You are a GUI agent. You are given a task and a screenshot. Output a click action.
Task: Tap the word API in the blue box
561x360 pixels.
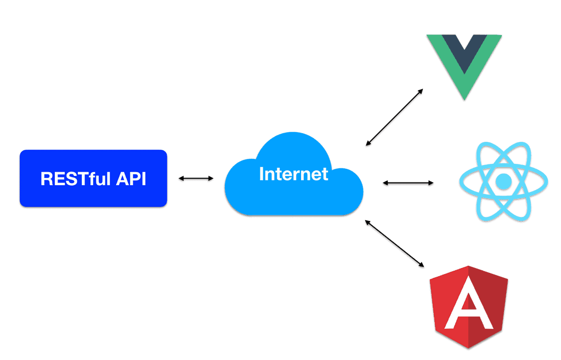[131, 179]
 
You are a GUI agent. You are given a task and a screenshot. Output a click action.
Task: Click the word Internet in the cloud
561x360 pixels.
[293, 174]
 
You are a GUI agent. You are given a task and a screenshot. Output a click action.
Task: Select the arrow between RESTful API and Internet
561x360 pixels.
[196, 178]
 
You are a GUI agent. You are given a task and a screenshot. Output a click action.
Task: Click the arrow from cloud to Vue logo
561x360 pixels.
[394, 117]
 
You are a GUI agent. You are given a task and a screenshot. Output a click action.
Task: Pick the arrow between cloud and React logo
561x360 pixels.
[408, 182]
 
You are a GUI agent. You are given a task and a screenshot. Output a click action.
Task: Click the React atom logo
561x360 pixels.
[503, 181]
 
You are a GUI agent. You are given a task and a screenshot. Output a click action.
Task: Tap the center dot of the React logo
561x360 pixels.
[503, 181]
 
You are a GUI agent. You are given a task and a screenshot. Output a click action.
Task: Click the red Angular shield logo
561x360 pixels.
[469, 307]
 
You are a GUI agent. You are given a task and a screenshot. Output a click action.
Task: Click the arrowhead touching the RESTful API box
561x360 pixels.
[182, 178]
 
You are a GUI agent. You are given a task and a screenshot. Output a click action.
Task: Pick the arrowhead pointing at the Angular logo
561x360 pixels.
[422, 265]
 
